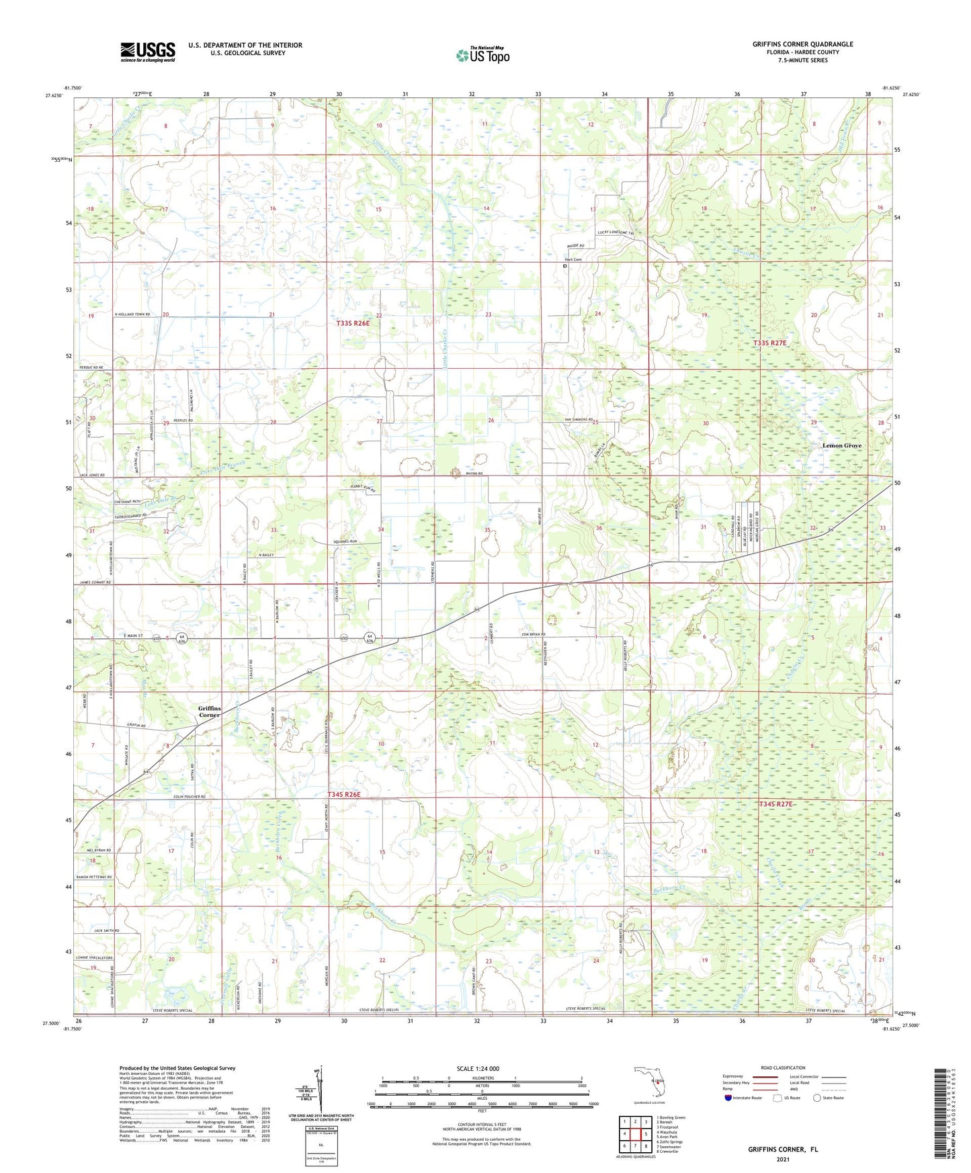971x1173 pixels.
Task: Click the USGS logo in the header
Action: (x=148, y=52)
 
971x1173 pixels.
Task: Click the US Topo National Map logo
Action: (x=482, y=54)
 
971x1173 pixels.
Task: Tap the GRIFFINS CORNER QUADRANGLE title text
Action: (x=802, y=44)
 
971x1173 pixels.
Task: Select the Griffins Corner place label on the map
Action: (x=209, y=711)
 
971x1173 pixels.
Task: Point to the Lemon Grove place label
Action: (x=842, y=445)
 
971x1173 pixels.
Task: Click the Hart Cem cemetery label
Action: (x=573, y=259)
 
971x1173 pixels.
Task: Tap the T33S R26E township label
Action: (x=353, y=323)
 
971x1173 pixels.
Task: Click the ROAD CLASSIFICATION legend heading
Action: (x=783, y=1068)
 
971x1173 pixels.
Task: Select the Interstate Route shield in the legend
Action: (x=730, y=1098)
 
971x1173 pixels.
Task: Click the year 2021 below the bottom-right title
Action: (x=783, y=1160)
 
